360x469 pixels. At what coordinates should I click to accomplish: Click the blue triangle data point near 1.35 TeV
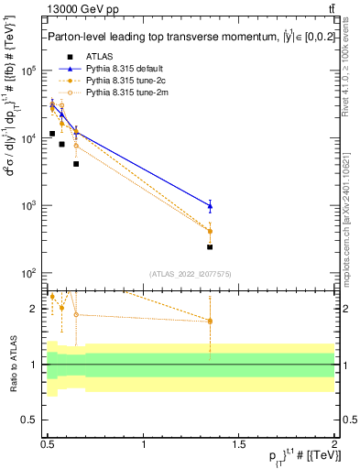click(x=210, y=205)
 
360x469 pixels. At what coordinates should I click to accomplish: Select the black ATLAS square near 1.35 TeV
click(x=210, y=247)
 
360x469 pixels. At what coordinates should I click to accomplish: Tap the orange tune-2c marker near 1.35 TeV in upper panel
click(x=210, y=231)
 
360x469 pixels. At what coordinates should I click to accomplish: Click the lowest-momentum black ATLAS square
click(x=52, y=134)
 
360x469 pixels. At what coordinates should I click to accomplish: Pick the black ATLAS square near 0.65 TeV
click(x=76, y=164)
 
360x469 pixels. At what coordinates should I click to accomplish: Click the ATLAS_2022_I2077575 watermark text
click(x=190, y=274)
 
